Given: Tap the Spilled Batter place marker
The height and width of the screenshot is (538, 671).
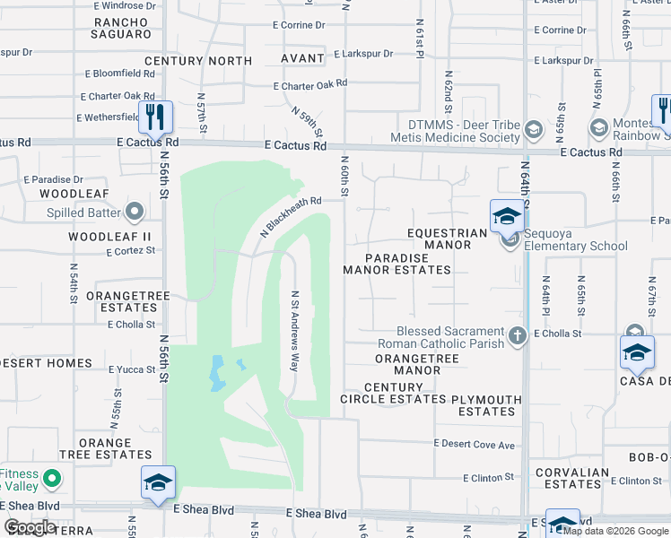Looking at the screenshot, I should (135, 213).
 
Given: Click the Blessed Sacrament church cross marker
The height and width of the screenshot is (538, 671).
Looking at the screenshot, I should (517, 336).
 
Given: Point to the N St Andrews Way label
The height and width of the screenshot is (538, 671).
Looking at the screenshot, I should (294, 330).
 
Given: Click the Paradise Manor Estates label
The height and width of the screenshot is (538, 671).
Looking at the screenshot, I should (396, 263).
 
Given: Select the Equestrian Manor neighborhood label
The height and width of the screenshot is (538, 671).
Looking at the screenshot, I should (446, 233).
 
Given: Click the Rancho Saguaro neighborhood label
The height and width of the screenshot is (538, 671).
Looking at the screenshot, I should (122, 28).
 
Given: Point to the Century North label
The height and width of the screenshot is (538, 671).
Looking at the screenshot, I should (198, 61).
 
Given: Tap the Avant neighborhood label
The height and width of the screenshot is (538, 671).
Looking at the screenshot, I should (301, 58).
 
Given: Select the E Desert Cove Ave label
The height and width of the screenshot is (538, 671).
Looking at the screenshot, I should (475, 444).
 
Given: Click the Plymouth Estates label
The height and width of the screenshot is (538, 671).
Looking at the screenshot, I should (486, 405).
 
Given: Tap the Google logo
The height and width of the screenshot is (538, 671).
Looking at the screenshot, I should (30, 527).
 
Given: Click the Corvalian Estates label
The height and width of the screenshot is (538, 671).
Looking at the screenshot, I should (571, 478).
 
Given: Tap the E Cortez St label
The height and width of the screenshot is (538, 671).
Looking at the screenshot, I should (131, 252).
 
